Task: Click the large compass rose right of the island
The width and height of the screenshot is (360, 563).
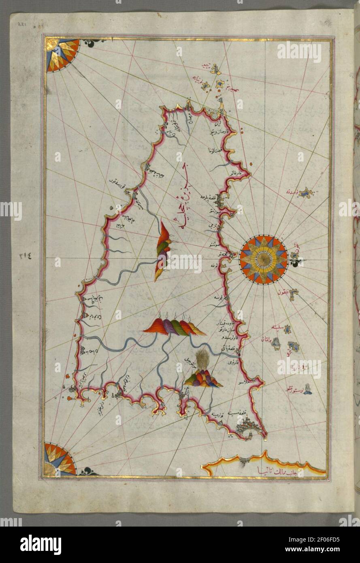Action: [263, 259]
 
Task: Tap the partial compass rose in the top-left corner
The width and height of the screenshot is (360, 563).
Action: [61, 54]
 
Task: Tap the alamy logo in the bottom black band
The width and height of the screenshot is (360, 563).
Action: [40, 544]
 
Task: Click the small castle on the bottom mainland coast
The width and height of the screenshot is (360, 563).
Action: [244, 461]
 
